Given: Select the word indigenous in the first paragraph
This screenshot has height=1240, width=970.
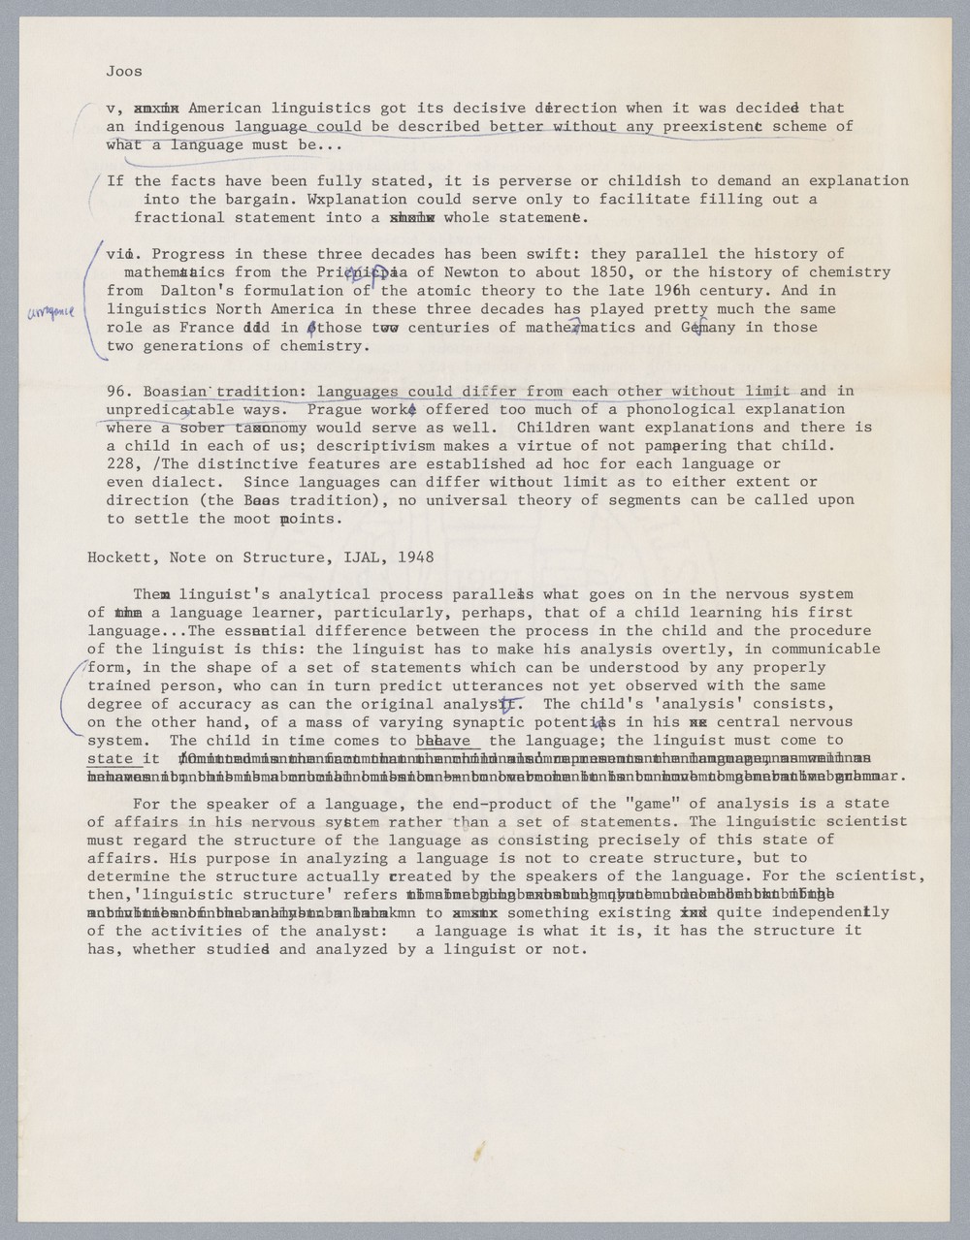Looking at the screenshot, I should (178, 126).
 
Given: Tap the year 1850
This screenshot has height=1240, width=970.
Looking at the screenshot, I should (606, 272).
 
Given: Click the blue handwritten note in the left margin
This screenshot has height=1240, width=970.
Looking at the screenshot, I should (50, 310).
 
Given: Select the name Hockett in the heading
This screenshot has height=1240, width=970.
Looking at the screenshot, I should (118, 557).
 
